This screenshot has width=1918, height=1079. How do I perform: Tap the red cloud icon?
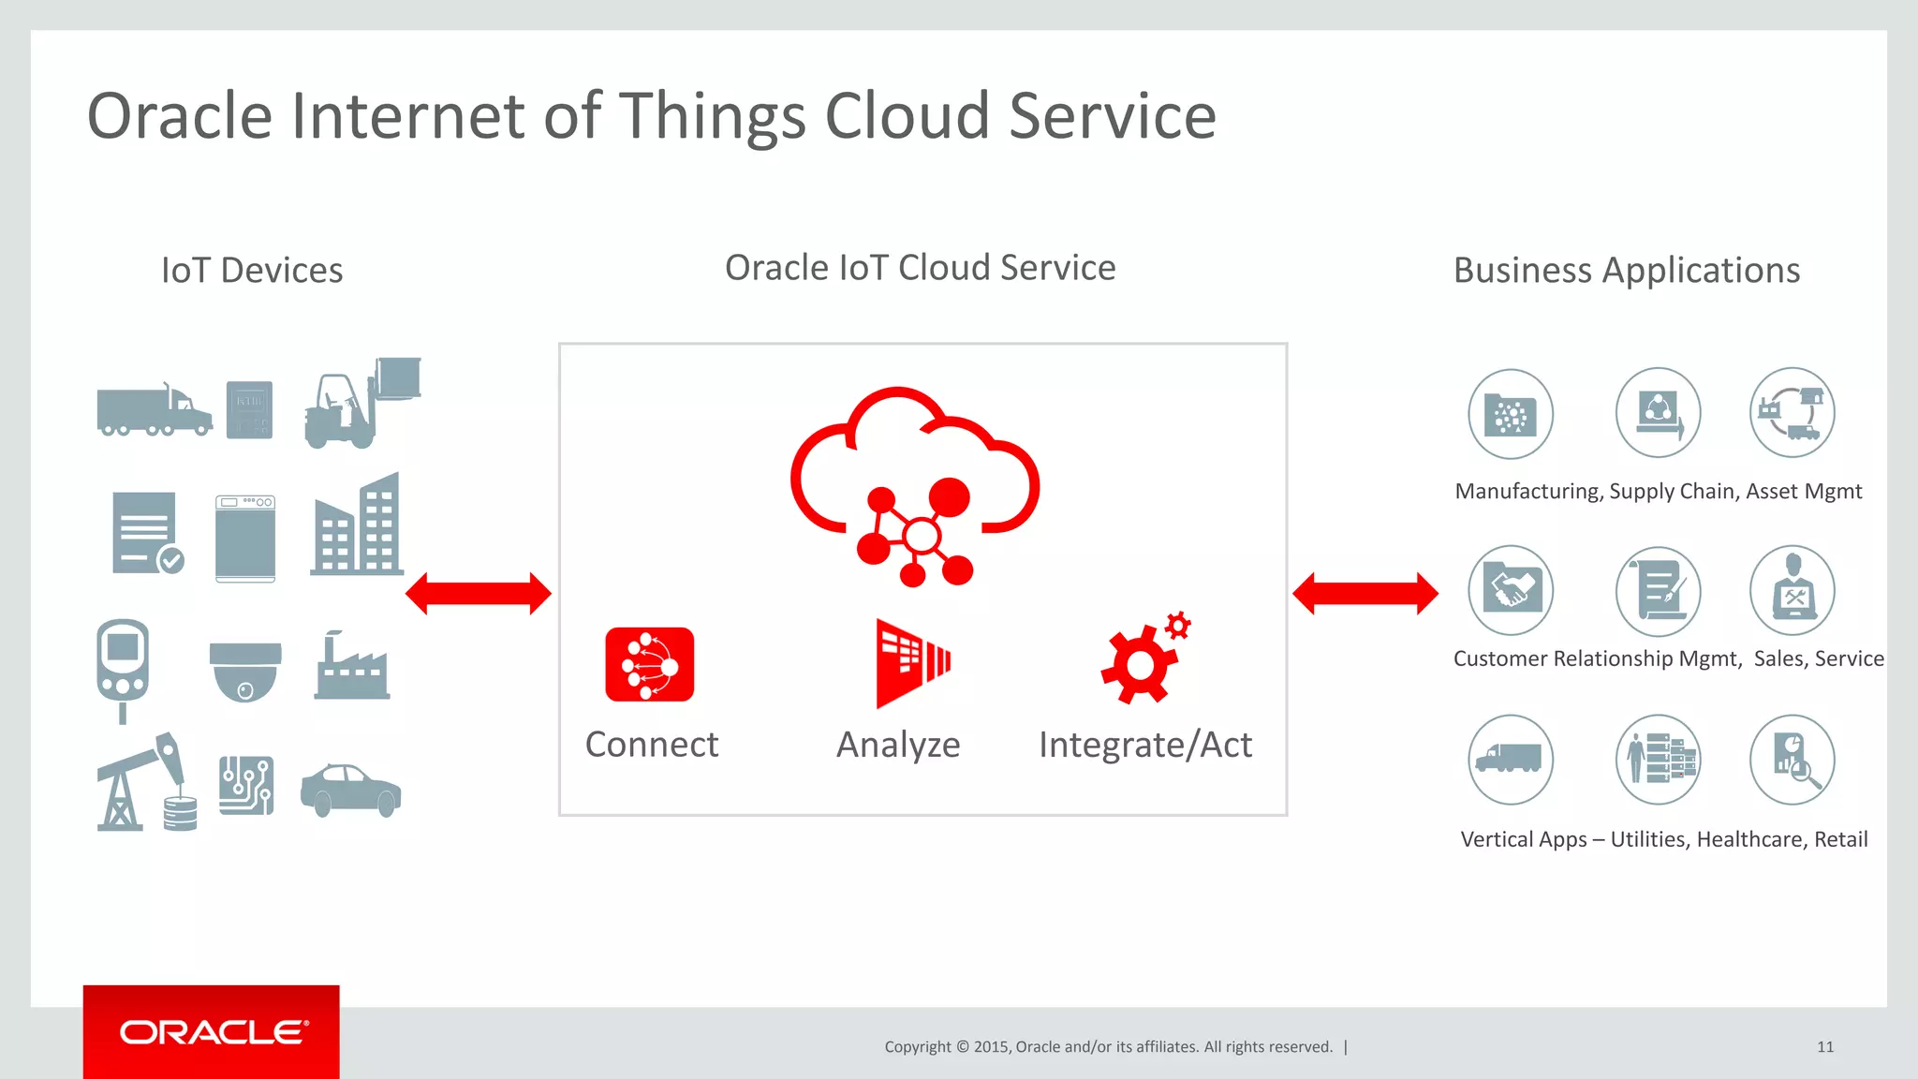click(x=915, y=482)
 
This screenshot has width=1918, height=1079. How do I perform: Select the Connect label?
click(x=652, y=745)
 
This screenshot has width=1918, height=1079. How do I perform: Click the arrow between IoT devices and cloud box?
click(x=479, y=594)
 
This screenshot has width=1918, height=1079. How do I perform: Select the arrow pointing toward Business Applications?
click(x=1365, y=594)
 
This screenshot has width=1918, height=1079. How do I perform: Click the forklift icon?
click(x=361, y=404)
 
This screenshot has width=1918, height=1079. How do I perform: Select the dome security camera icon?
click(x=245, y=671)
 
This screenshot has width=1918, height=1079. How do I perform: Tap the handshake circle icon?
click(x=1511, y=591)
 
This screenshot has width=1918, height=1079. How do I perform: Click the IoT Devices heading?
click(x=252, y=271)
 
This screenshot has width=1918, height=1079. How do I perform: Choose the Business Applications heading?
click(x=1627, y=271)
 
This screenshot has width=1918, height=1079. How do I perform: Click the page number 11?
click(x=1825, y=1047)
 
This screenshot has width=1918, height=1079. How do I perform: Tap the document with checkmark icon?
click(x=147, y=533)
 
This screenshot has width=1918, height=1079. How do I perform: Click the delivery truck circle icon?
click(x=1511, y=760)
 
